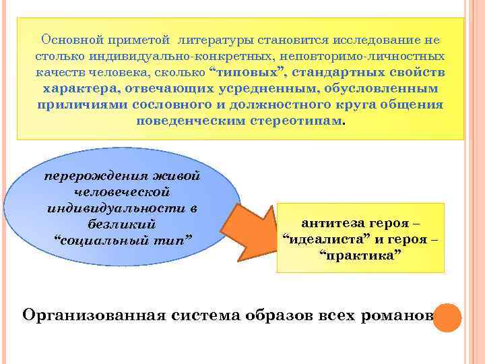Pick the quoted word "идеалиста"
pyautogui.click(x=325, y=240)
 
